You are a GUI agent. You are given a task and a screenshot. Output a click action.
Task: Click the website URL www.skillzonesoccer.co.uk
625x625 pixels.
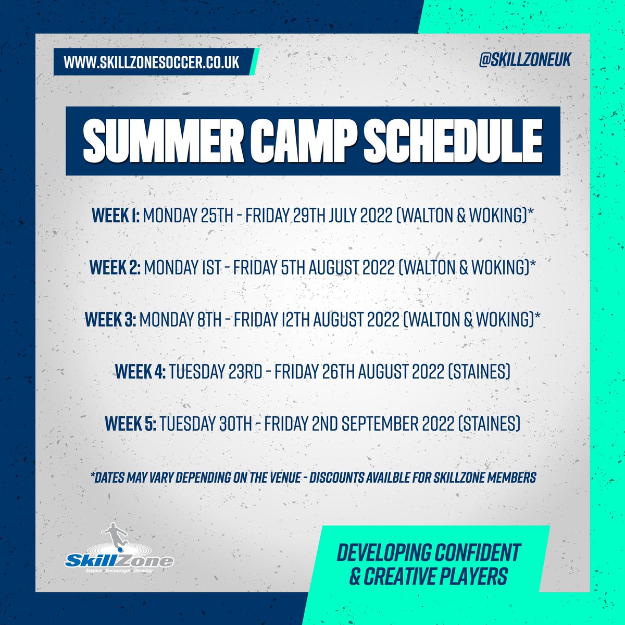(x=152, y=62)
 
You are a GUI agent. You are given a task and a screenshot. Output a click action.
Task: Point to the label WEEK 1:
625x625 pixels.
(x=116, y=216)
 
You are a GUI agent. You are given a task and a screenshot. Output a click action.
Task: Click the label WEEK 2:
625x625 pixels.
(x=114, y=268)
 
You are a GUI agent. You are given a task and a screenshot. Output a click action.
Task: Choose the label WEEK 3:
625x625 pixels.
(x=110, y=320)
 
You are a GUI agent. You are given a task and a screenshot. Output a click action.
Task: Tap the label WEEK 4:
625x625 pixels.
(x=140, y=372)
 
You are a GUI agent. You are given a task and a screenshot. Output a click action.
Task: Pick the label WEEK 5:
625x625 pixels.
(x=130, y=424)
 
